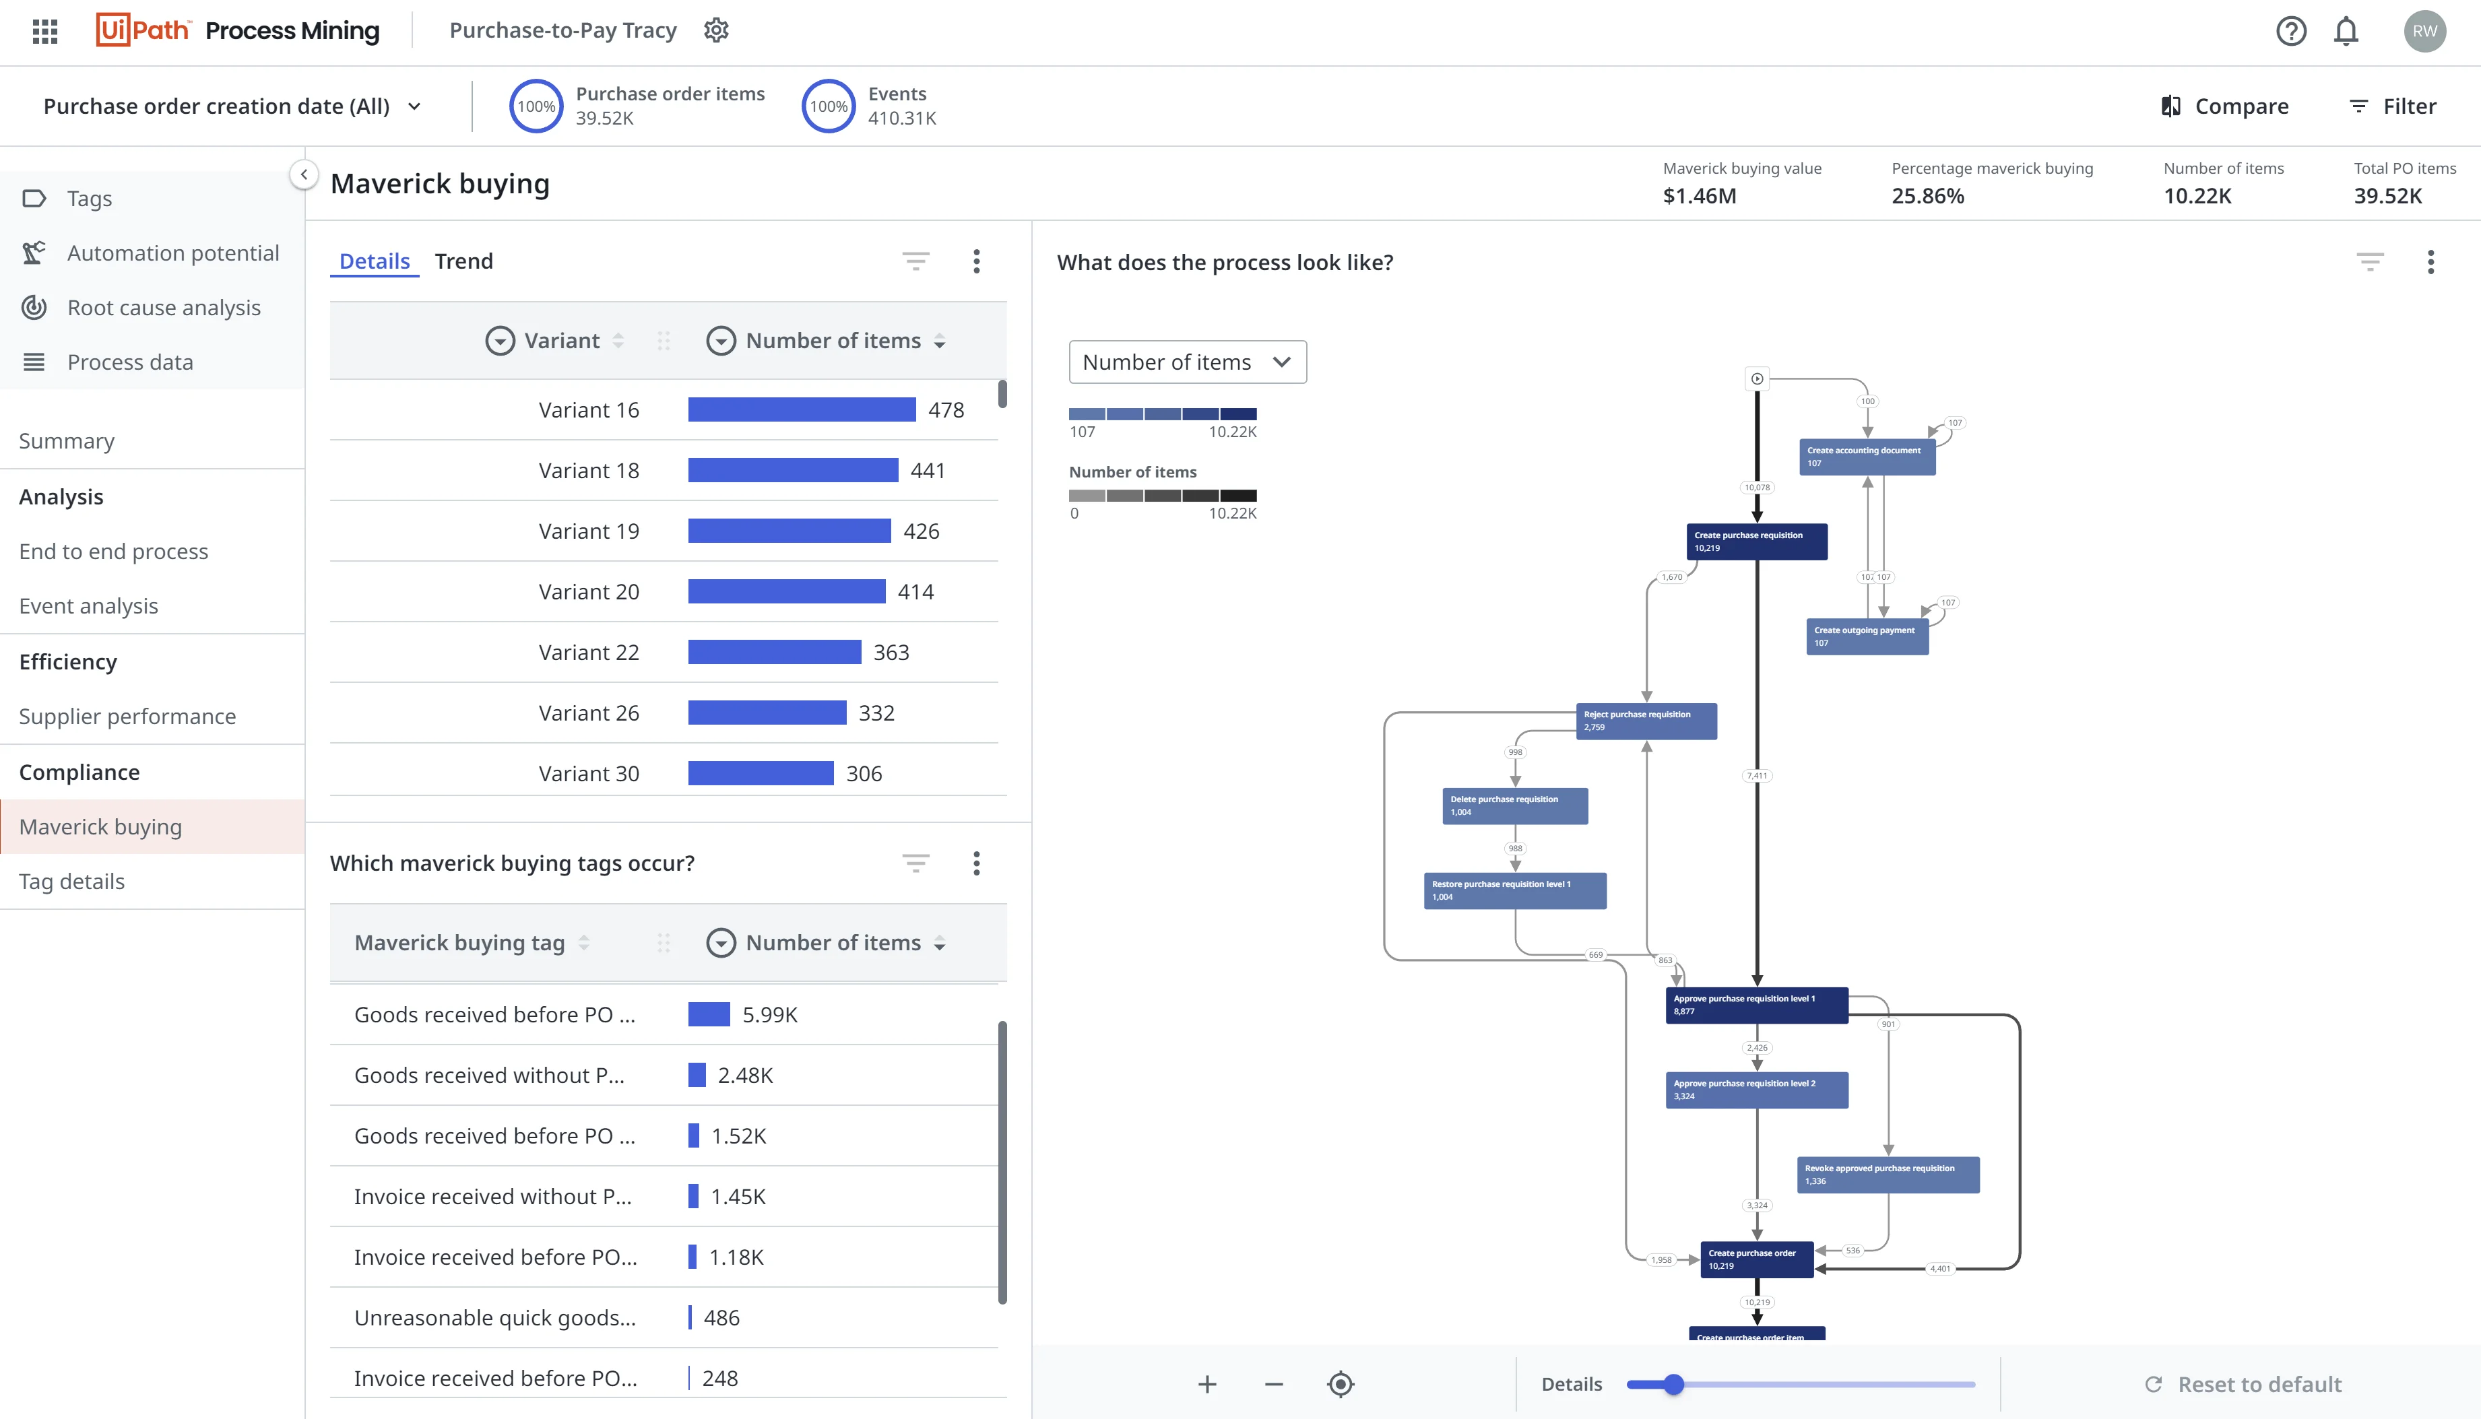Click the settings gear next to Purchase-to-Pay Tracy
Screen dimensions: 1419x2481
717,30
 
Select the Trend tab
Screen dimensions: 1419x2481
464,261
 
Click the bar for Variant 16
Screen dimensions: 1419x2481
802,410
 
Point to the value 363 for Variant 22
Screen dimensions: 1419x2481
891,653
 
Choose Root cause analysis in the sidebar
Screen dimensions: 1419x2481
164,308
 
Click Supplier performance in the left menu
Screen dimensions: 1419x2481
128,717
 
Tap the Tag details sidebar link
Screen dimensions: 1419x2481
72,881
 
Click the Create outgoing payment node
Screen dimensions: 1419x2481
1867,636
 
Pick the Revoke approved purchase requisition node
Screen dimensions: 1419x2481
1888,1175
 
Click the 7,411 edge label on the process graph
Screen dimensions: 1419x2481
1757,776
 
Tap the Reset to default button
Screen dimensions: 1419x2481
2243,1384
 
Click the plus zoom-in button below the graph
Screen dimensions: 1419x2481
1207,1384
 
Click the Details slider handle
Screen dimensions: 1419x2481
1674,1384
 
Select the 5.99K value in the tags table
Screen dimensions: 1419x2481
769,1014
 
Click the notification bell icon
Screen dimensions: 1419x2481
2346,31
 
